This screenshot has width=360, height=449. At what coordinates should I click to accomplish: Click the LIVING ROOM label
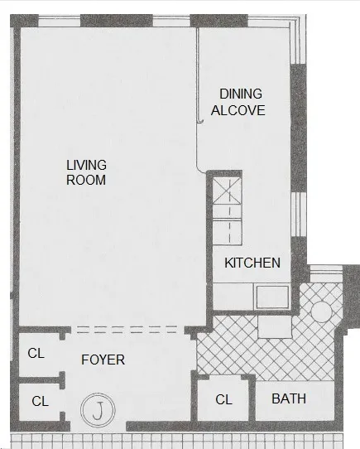coord(87,171)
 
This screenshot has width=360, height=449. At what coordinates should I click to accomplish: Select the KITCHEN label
coord(252,263)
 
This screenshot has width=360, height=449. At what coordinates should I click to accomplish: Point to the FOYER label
coord(103,360)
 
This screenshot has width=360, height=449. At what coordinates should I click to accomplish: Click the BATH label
coord(289,398)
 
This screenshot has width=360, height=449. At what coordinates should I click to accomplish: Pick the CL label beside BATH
coord(223,399)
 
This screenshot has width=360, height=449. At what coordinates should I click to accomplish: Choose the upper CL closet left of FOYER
coord(36,353)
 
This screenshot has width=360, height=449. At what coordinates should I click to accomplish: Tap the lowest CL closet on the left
coord(40,401)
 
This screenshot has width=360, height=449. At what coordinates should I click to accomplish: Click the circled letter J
coord(98,409)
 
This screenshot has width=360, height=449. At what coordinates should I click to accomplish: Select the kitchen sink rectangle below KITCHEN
coord(271,296)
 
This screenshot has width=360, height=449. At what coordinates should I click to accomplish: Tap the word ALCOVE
coord(238,109)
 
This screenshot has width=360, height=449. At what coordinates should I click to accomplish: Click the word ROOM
coord(87,179)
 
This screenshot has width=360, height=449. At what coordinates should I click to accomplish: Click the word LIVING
coord(87,164)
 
